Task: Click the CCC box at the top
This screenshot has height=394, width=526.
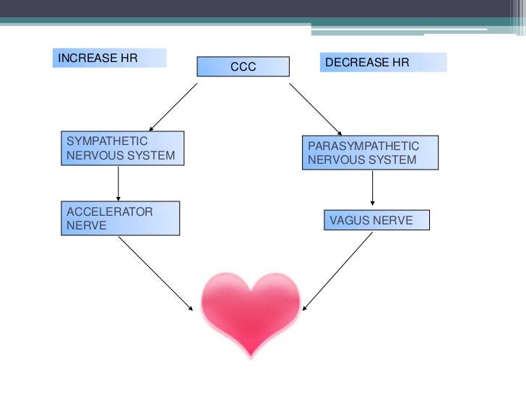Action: [x=243, y=66]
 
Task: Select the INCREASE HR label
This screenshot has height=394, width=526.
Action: [x=109, y=58]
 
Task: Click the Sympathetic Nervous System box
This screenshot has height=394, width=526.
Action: [x=121, y=148]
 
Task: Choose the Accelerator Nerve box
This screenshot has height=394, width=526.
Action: [x=119, y=219]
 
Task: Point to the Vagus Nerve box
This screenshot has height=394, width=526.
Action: [x=376, y=220]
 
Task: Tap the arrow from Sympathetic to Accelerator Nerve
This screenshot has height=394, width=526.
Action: [x=118, y=183]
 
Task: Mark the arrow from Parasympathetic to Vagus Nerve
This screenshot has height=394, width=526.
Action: [x=372, y=190]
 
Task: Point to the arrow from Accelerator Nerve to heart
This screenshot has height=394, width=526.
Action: [x=157, y=273]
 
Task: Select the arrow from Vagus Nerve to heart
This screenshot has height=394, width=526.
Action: [x=337, y=271]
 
